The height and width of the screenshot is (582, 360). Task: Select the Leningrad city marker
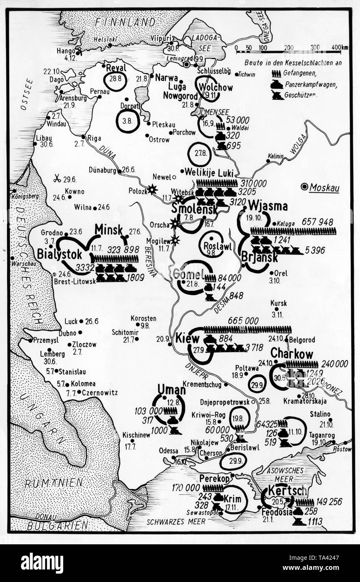click(187, 64)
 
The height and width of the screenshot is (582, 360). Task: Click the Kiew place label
click(188, 338)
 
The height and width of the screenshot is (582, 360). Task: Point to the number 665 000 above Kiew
click(243, 320)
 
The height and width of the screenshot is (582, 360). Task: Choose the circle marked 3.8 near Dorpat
click(127, 121)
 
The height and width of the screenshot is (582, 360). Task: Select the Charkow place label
click(292, 354)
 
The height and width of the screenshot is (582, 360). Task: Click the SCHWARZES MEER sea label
click(176, 522)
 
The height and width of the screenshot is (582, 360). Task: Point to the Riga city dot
click(84, 137)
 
